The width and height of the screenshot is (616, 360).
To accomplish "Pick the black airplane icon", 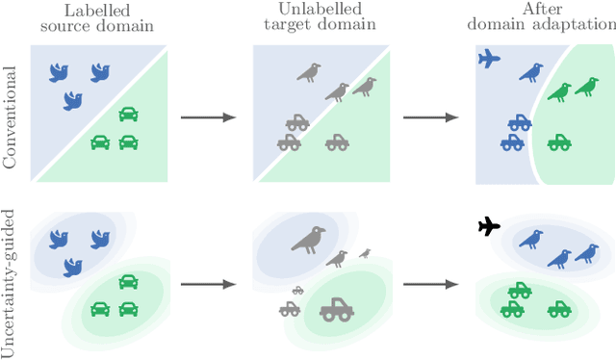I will [x=490, y=227].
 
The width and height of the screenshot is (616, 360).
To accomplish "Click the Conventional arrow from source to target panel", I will [x=210, y=117].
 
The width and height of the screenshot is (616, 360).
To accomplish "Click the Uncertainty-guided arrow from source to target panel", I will [x=210, y=285].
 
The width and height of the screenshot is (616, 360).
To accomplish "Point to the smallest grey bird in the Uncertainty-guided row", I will [x=365, y=253].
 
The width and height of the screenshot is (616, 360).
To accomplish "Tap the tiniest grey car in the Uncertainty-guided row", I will [x=298, y=289].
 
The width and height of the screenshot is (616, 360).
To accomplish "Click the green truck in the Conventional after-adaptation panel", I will [x=559, y=142].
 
